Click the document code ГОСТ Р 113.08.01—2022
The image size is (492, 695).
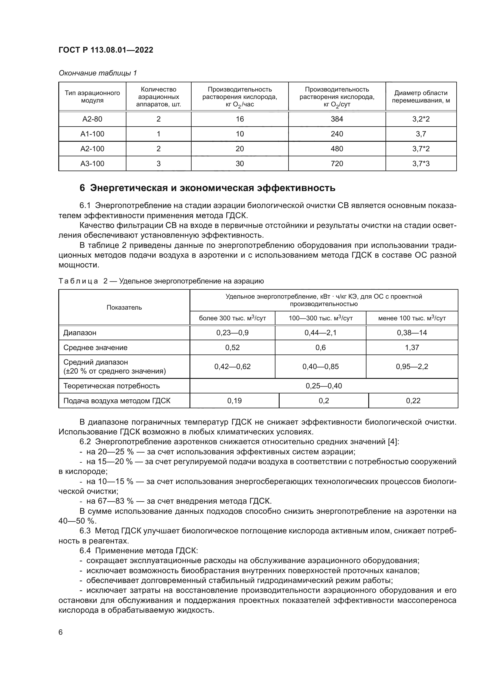(x=106, y=50)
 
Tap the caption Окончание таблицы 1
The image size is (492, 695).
(x=98, y=73)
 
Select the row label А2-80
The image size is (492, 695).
(x=92, y=119)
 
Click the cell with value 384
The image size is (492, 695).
(x=337, y=119)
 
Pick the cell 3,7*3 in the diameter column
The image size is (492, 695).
(x=421, y=163)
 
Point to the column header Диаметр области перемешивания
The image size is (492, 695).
(x=421, y=97)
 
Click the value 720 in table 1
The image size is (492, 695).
(x=337, y=163)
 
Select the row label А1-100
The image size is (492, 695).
(x=92, y=134)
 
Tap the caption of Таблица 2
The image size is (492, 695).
(x=161, y=281)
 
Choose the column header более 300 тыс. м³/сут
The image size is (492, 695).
(x=232, y=318)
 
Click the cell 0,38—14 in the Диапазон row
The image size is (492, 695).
(x=412, y=333)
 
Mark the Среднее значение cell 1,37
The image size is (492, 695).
(x=412, y=348)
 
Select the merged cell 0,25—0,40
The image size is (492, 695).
(x=324, y=386)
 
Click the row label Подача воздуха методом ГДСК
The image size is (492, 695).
(x=117, y=401)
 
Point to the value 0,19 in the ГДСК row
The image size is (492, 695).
(x=234, y=401)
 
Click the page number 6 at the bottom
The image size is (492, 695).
(x=61, y=632)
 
